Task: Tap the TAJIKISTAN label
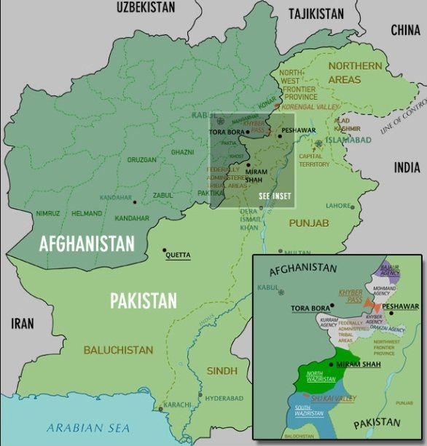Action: tap(316, 14)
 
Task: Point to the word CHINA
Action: tap(405, 30)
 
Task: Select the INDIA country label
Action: tap(407, 167)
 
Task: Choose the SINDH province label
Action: tap(222, 371)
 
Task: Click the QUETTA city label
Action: tap(179, 255)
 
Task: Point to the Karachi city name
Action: tap(177, 404)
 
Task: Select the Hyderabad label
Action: tap(223, 399)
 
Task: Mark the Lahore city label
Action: tap(338, 206)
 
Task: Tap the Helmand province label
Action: tap(87, 213)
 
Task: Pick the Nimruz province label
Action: tap(47, 213)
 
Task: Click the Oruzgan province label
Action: tap(141, 160)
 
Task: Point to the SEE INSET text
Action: tap(275, 196)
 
